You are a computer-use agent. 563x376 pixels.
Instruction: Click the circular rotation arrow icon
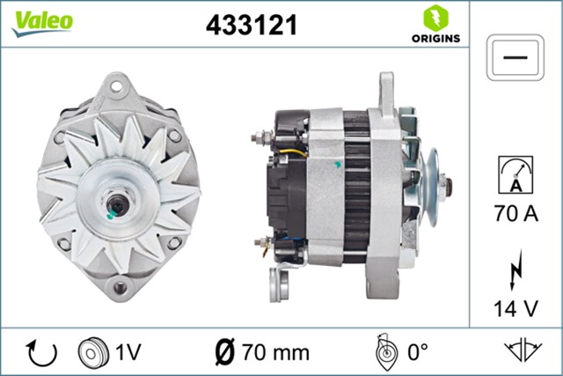(x=41, y=353)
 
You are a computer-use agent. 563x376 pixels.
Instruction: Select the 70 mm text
(x=274, y=353)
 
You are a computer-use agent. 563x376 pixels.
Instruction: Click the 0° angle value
(x=415, y=353)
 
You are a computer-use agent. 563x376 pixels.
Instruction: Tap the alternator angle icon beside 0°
(x=384, y=352)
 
